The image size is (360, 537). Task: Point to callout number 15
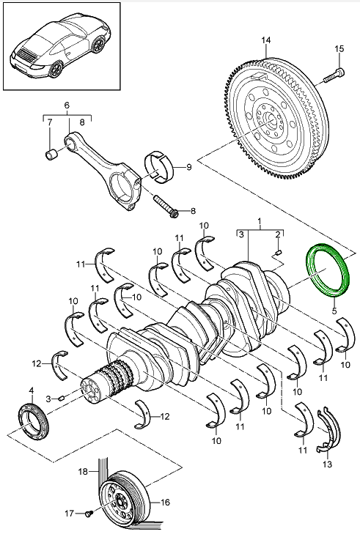(x=338, y=48)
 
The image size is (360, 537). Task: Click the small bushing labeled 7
(x=51, y=154)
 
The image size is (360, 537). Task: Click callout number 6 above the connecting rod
(x=67, y=105)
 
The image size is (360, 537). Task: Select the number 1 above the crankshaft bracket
(x=258, y=221)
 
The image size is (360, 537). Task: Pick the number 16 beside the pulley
(x=165, y=503)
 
